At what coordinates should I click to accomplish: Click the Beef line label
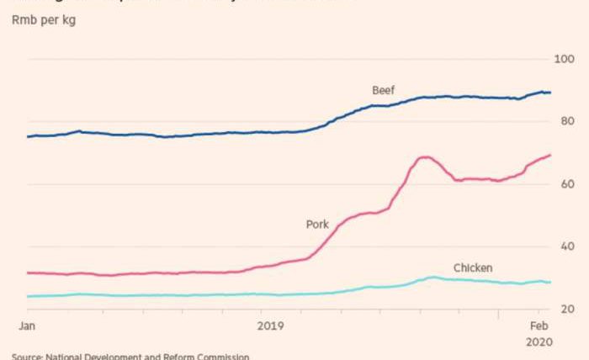[x=383, y=90]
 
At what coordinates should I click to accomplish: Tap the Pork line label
[x=316, y=225]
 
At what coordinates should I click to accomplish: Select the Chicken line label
[x=472, y=268]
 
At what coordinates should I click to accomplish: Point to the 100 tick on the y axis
[x=561, y=59]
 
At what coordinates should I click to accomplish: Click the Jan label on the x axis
[x=29, y=325]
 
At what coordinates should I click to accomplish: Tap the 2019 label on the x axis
[x=271, y=325]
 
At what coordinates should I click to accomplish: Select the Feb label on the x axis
[x=539, y=325]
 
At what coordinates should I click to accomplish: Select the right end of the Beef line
[x=551, y=93]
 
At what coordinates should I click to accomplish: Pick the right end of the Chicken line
[x=551, y=283]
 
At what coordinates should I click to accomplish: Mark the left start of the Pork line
[x=28, y=273]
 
